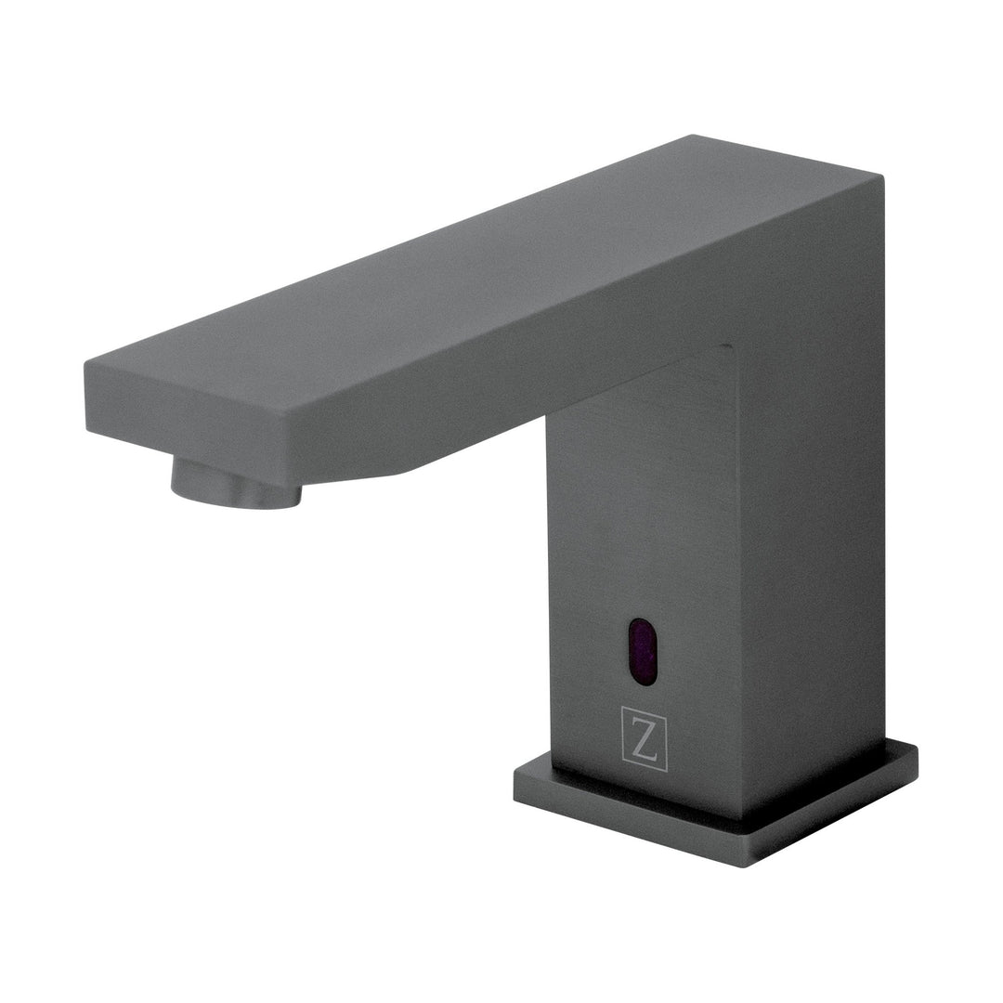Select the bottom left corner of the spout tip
[x=87, y=430]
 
